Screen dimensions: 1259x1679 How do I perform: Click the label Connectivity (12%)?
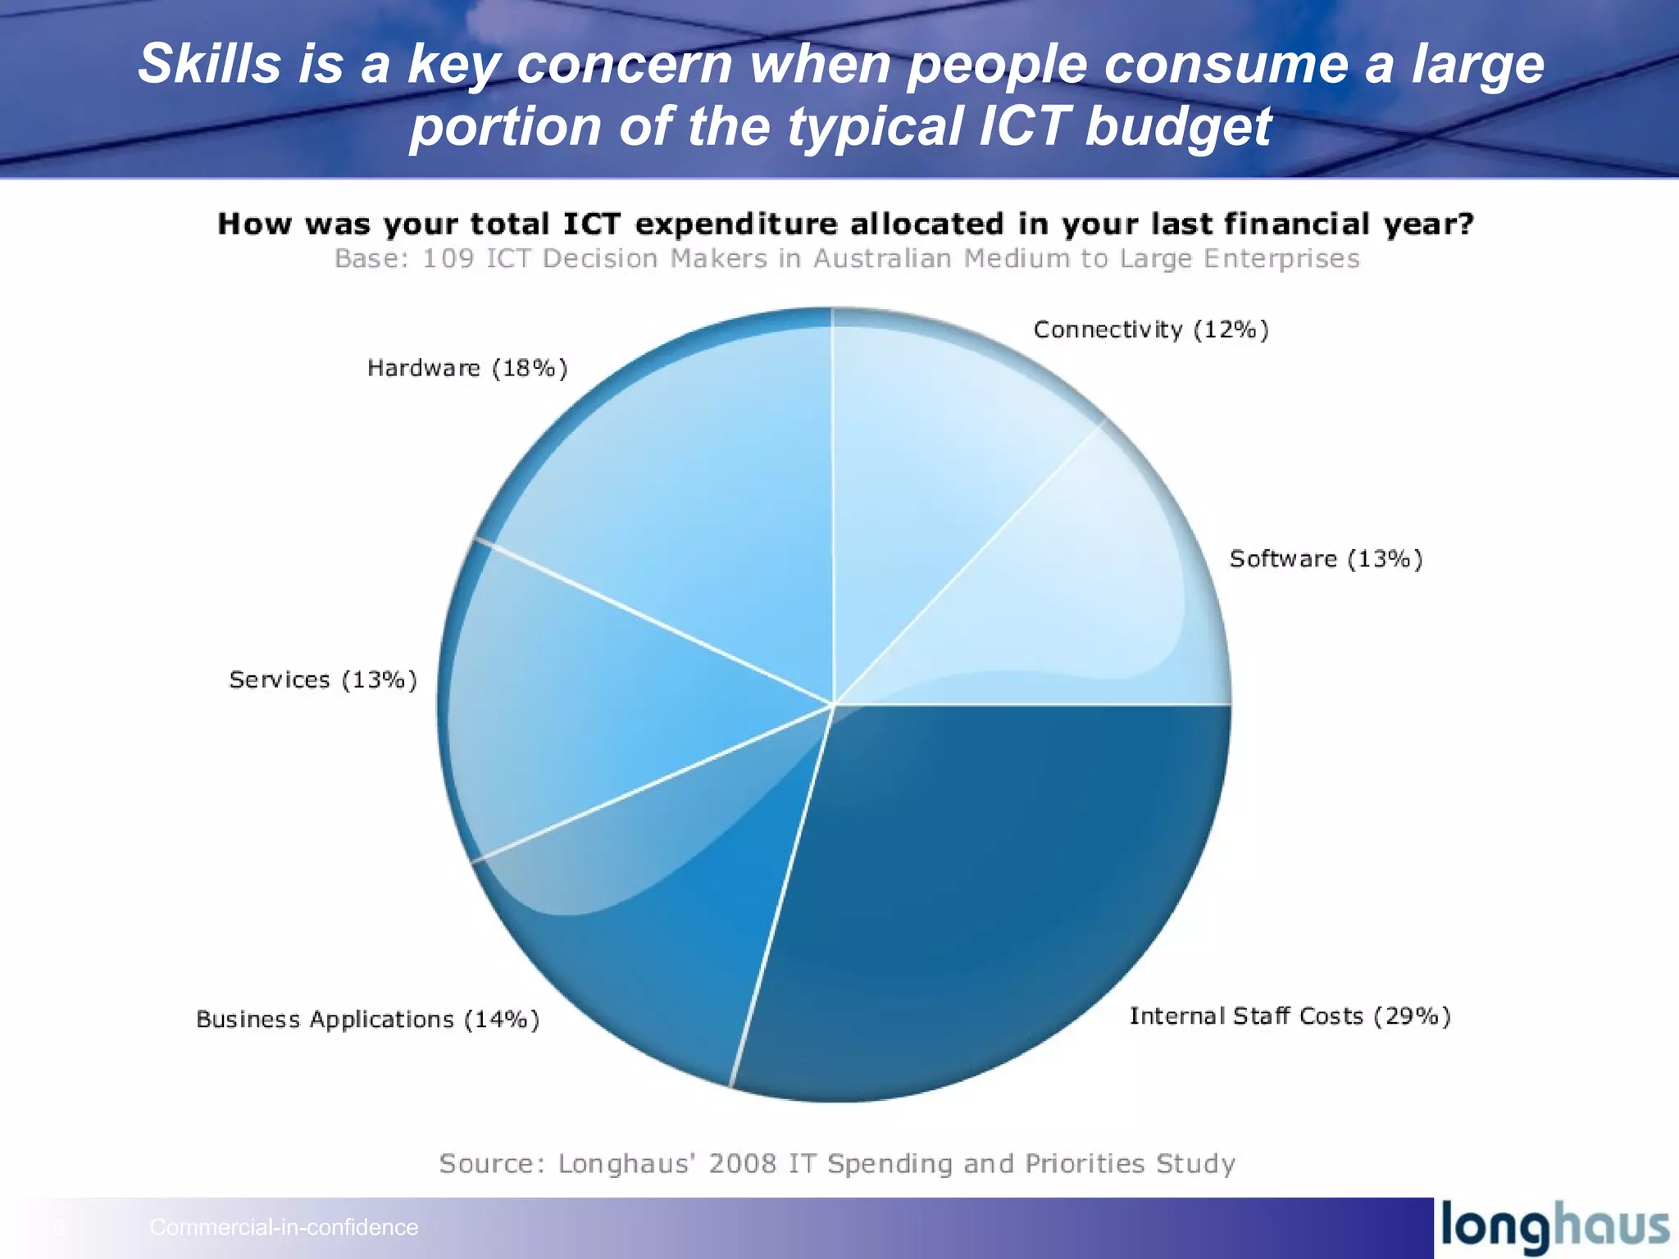coord(1150,330)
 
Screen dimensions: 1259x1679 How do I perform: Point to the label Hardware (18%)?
coord(467,368)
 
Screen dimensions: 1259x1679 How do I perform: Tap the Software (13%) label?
coord(1326,559)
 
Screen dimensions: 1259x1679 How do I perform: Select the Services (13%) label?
coord(323,679)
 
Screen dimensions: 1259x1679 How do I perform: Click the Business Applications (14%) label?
coord(367,1019)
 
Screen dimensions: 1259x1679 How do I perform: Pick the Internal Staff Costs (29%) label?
coord(1290,1016)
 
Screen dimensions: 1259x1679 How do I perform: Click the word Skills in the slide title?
coord(209,64)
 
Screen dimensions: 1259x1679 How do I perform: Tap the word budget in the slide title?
coord(1178,126)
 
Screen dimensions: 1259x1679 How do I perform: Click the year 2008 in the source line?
coord(742,1163)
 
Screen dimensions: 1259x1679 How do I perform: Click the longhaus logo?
coord(1554,1227)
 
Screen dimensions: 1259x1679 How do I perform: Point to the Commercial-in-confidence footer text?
coord(284,1227)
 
